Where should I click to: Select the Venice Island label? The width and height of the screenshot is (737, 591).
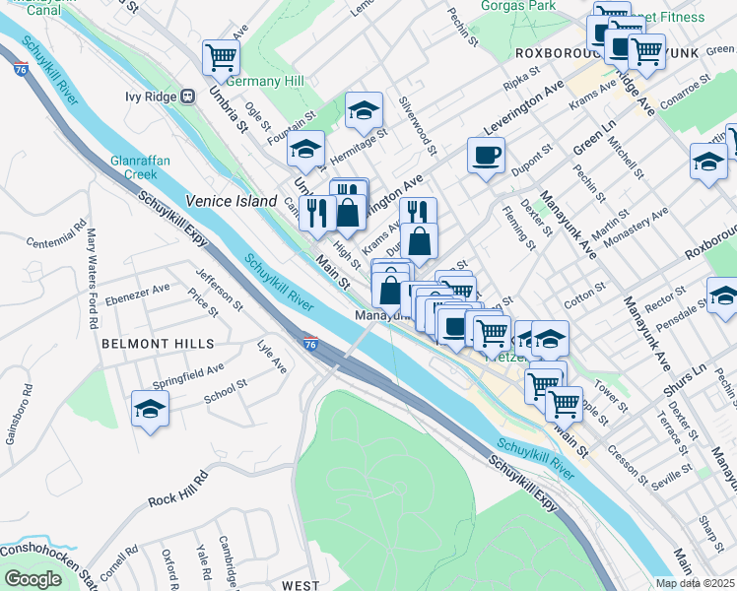click(232, 201)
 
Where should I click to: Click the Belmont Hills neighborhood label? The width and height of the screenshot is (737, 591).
click(158, 344)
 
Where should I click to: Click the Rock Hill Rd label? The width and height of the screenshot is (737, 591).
click(178, 489)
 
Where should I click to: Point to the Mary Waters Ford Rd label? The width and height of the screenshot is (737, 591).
click(93, 279)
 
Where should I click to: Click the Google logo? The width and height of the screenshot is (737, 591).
click(33, 579)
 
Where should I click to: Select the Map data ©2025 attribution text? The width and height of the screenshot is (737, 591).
click(694, 583)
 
